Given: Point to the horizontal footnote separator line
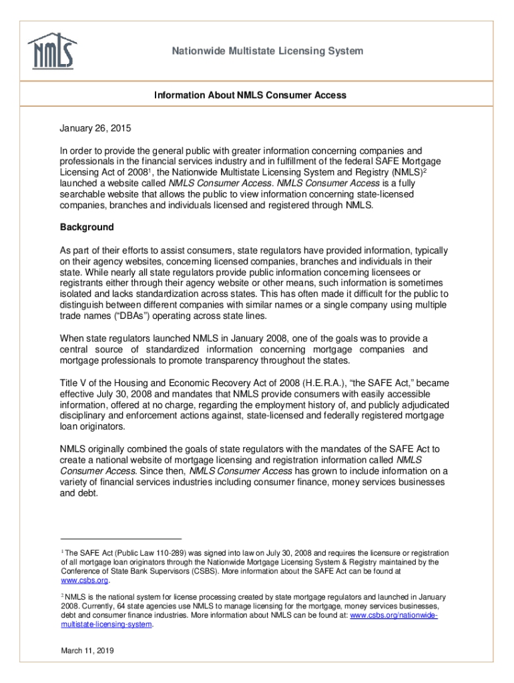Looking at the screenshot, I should pos(121,538).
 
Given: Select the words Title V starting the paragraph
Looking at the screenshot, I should pos(74,384).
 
